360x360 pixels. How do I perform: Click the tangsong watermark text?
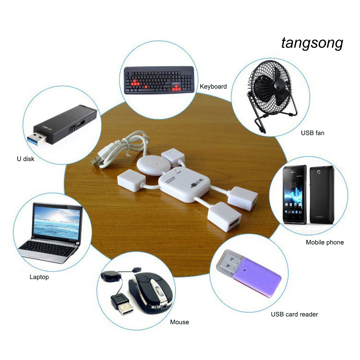pyautogui.click(x=312, y=43)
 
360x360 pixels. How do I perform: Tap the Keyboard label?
pyautogui.click(x=213, y=86)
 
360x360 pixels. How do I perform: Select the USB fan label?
pyautogui.click(x=313, y=133)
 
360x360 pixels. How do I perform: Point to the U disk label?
pyautogui.click(x=26, y=159)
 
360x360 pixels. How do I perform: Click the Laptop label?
pyautogui.click(x=39, y=277)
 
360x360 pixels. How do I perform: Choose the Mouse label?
pyautogui.click(x=179, y=322)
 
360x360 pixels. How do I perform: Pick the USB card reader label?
pyautogui.click(x=294, y=314)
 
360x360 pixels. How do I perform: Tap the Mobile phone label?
pyautogui.click(x=325, y=242)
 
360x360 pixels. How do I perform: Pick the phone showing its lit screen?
pyautogui.click(x=294, y=194)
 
